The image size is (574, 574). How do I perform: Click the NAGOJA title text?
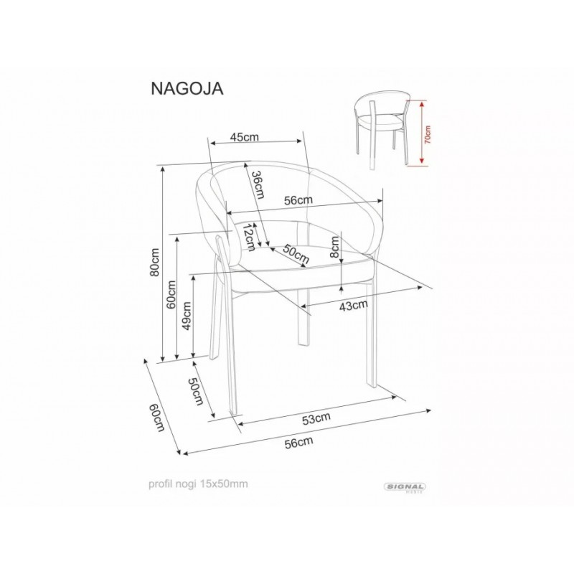pos(187,88)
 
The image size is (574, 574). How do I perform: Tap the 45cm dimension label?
pos(244,137)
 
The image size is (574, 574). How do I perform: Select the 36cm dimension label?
pos(258,184)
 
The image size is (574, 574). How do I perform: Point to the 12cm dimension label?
pos(249,237)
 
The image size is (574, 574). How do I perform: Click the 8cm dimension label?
pos(334,247)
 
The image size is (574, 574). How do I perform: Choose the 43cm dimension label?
pos(353,306)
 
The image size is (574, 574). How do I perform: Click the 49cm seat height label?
pos(187,316)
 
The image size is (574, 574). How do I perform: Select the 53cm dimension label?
pos(316,419)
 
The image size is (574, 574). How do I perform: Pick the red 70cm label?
pos(428,134)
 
